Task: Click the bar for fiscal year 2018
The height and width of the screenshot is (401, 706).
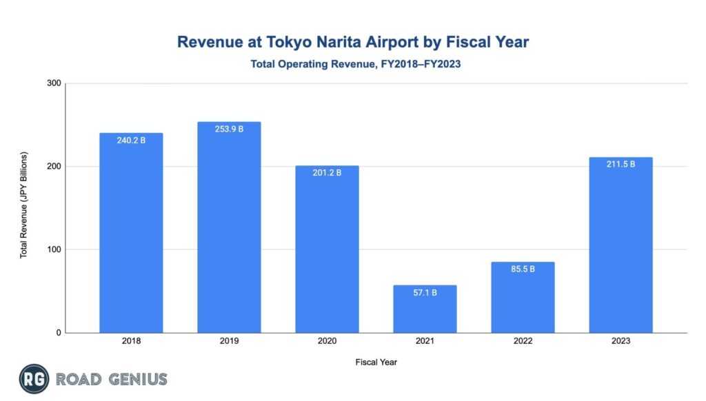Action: pos(131,234)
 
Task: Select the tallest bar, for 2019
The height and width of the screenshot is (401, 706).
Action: pos(229,227)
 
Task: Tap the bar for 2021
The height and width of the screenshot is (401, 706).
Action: pos(425,310)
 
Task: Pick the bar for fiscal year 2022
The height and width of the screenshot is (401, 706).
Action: pos(523,300)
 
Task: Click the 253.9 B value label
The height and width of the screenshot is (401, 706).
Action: pos(229,130)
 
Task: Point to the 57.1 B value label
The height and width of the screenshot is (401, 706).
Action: pos(425,293)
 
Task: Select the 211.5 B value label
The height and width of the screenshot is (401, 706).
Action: pos(621,164)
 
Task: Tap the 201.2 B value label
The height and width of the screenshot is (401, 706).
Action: pos(327,172)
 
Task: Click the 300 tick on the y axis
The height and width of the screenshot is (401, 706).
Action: pos(54,83)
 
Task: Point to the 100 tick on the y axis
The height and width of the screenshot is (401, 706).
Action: pos(54,249)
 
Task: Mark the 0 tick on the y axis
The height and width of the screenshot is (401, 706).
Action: pos(58,333)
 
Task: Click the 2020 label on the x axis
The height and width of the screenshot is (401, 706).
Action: pos(327,342)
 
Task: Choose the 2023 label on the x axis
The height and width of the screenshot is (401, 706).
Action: pos(621,342)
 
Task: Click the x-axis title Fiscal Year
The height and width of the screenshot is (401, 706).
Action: pos(376,362)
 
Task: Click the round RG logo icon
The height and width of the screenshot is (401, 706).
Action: pos(33,379)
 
